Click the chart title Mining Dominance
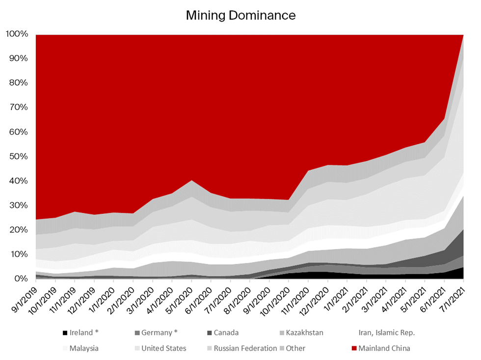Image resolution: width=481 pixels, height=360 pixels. click(x=240, y=15)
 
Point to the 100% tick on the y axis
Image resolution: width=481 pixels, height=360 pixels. click(x=17, y=34)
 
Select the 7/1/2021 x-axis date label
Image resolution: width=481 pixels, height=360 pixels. click(x=453, y=298)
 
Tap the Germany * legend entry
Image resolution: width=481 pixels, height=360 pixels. click(x=159, y=333)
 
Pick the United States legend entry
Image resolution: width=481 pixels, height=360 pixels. click(x=163, y=348)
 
